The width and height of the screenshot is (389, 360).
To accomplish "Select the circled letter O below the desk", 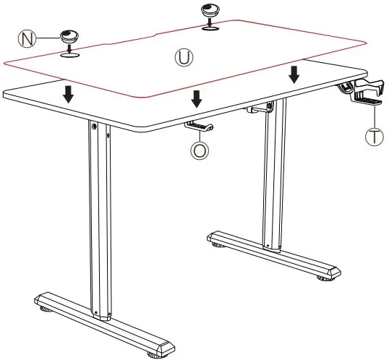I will pos(198,150).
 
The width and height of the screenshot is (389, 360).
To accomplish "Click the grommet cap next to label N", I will pos(70,36).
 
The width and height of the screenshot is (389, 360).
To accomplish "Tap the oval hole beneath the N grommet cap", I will pos(70,52).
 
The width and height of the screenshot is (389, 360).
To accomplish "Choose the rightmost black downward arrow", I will pos(294,74).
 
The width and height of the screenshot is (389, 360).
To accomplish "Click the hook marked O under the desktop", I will pos(200,127).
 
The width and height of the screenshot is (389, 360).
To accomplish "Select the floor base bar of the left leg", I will pos(101,318).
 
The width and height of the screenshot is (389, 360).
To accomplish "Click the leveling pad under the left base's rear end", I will pos(46,310).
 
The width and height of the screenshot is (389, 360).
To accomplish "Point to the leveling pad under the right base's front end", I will pos(320,278).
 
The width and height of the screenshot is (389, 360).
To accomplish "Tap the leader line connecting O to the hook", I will pos(199,137).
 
